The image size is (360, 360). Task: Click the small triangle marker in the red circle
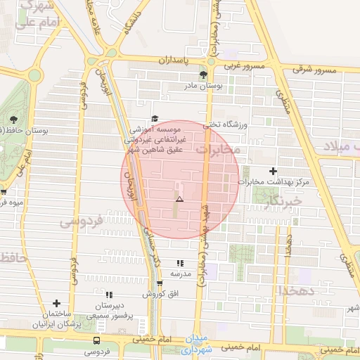point(179,200)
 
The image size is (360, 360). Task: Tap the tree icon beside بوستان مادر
point(203,74)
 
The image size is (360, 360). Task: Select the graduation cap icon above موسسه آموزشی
point(155,119)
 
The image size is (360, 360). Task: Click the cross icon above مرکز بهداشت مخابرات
point(274,171)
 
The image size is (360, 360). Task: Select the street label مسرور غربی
point(245,67)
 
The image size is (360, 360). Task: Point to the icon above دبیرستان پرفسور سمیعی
point(109,295)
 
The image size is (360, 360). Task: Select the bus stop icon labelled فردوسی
point(97,340)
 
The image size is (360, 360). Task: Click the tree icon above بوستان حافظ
point(14,118)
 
